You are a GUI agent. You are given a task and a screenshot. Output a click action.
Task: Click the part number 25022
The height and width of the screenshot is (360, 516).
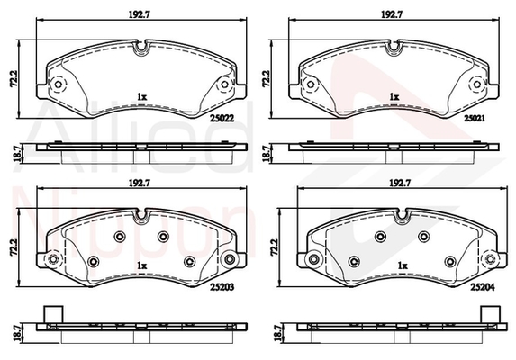point(222,118)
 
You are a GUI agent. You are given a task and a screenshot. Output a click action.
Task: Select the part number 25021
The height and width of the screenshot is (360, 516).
point(475,118)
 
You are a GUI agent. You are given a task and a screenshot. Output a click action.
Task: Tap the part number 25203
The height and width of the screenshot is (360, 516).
point(222,287)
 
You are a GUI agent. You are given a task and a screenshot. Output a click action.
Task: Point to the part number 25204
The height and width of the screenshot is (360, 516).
point(483,287)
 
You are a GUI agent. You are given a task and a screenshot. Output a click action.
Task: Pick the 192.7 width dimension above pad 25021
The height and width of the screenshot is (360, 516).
point(392,14)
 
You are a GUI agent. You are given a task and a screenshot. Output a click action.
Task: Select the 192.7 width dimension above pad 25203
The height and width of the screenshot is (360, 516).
point(140,183)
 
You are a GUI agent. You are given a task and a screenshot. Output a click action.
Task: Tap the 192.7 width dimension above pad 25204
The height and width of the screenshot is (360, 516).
point(399,183)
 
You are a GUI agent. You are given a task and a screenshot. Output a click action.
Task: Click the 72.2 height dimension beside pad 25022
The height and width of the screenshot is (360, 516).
point(14,79)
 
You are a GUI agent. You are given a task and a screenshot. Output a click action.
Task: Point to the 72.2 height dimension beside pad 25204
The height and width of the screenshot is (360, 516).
point(274,247)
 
